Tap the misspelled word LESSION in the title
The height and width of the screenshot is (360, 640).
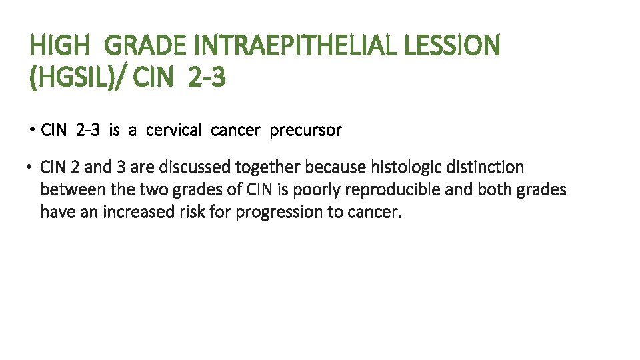(x=453, y=47)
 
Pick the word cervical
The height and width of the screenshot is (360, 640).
(x=173, y=130)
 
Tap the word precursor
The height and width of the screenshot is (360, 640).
(x=305, y=130)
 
